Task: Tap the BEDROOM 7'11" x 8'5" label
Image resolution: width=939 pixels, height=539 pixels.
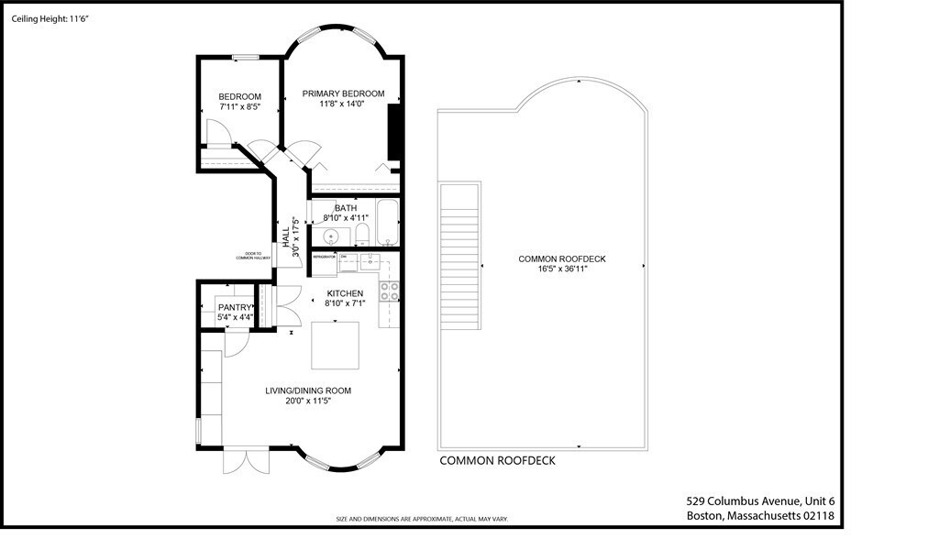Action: click(x=239, y=102)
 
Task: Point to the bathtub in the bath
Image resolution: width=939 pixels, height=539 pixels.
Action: click(x=388, y=223)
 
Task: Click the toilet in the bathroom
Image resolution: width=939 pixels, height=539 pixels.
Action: click(x=361, y=234)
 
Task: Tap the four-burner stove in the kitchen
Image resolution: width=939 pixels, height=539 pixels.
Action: click(x=390, y=291)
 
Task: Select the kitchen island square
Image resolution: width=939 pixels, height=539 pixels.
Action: click(x=336, y=344)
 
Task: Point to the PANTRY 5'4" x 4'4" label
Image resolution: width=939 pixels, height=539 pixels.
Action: click(x=236, y=312)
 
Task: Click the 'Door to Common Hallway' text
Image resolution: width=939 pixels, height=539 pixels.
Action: click(x=249, y=256)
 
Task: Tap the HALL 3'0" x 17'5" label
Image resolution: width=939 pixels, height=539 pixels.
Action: click(x=291, y=236)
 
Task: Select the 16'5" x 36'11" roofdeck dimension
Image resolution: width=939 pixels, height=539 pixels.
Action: click(x=562, y=269)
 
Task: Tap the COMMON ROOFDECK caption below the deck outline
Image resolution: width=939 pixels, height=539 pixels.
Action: click(x=497, y=461)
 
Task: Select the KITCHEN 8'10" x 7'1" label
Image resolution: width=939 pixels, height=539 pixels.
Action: click(x=345, y=299)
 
